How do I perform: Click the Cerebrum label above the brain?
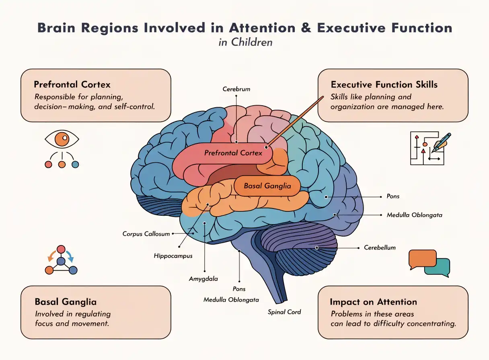[x=236, y=89]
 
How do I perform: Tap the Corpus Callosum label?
[x=146, y=234]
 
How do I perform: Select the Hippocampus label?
[x=173, y=256]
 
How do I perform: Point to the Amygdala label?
[x=203, y=279]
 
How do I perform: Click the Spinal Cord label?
[x=284, y=312]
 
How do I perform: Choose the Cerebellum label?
[x=380, y=248]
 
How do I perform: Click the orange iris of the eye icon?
[x=62, y=139]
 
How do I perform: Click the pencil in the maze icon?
[x=441, y=143]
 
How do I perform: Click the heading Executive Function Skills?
[x=384, y=85]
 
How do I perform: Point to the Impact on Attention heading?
[x=373, y=302]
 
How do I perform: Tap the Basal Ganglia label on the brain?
[x=267, y=186]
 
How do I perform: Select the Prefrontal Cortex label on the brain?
[x=233, y=153]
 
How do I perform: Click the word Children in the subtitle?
[x=252, y=42]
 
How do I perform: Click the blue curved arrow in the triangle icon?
[x=70, y=256]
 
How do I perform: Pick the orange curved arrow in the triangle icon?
[x=52, y=256]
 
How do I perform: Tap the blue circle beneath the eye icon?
[x=75, y=164]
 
